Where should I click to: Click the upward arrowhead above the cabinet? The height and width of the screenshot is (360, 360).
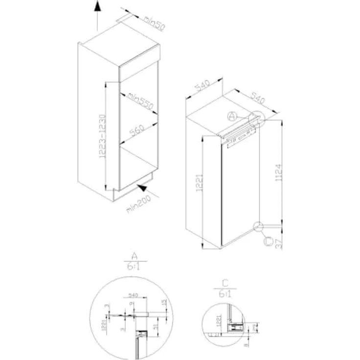tap(97, 6)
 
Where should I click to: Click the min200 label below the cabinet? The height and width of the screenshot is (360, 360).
tap(138, 204)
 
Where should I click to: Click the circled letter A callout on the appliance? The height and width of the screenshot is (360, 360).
tap(233, 116)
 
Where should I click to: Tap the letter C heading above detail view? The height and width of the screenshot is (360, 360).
tap(225, 283)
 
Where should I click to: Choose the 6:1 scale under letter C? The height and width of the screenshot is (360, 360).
tap(225, 293)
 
